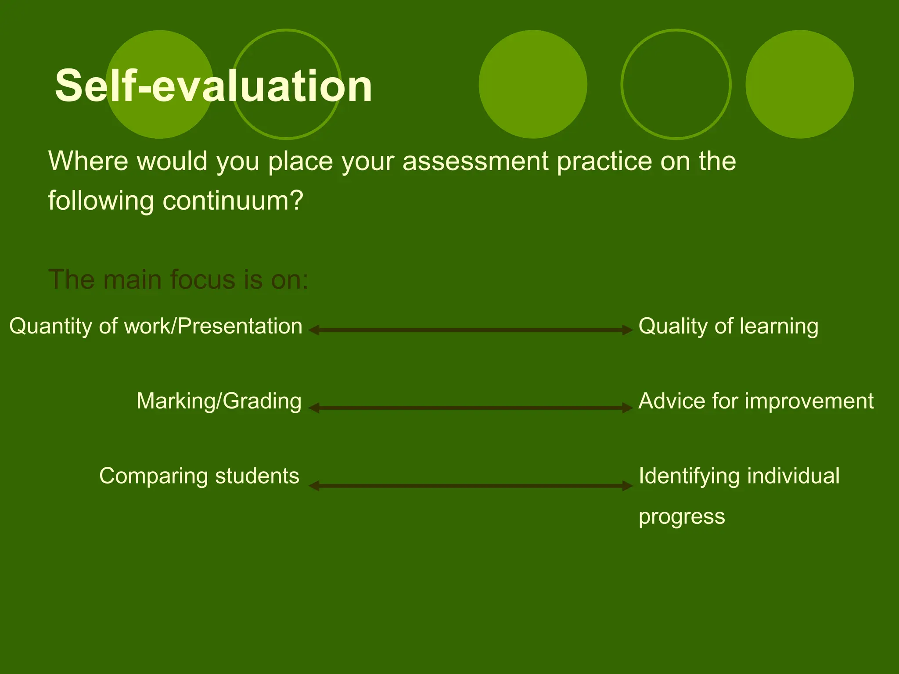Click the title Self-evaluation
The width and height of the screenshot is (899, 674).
click(213, 86)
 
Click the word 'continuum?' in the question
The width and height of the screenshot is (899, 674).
click(233, 201)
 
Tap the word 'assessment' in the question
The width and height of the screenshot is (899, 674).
click(475, 161)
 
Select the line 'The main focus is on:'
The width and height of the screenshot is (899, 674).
click(178, 280)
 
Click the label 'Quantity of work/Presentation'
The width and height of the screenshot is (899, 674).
click(156, 326)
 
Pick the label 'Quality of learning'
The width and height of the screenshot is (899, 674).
click(728, 326)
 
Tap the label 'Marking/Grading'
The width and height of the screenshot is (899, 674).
click(219, 401)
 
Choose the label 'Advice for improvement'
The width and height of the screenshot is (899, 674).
click(756, 401)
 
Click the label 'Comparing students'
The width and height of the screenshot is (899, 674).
click(199, 476)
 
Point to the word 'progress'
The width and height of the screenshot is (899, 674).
click(681, 516)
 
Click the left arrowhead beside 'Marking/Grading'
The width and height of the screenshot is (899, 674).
click(314, 408)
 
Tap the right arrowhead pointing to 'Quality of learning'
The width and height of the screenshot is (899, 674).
click(627, 330)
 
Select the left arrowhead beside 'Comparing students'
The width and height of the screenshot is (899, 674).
click(314, 486)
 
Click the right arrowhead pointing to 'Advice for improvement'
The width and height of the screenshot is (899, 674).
click(627, 408)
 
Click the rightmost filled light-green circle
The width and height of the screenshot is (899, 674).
click(799, 84)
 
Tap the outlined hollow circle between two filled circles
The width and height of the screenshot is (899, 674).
click(676, 84)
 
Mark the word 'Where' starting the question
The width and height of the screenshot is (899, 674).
click(88, 161)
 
